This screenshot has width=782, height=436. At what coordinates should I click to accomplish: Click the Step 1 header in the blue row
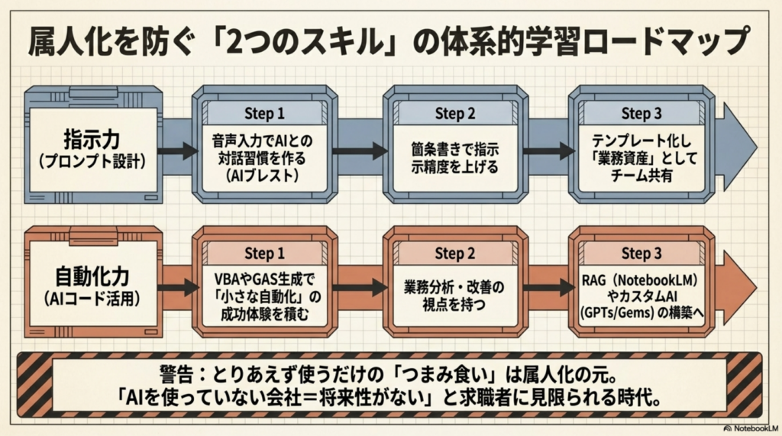coord(264,114)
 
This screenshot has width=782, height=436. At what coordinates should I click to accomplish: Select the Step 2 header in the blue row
coord(455,114)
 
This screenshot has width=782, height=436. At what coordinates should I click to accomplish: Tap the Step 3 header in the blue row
coord(641,114)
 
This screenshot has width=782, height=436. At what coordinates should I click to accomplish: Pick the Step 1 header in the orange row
coord(264,253)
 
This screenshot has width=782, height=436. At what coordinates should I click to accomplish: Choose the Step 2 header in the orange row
coord(455,253)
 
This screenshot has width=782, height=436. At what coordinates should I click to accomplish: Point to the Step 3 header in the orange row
coord(641,253)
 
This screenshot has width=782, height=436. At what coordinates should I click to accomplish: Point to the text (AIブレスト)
coord(264,174)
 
